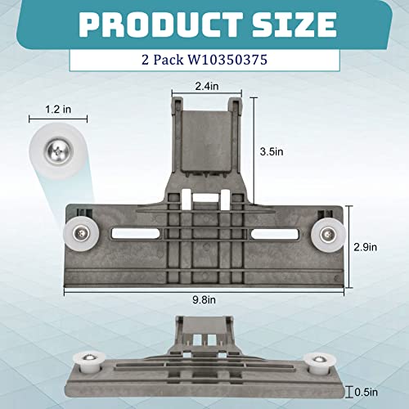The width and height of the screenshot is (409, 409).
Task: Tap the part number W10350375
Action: coord(227,60)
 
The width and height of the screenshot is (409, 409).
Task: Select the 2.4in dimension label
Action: coord(207,86)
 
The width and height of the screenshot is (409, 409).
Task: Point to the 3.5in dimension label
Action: coord(272,151)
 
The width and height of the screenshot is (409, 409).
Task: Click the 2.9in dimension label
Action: coord(366,247)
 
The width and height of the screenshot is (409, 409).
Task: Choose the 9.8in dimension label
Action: coord(204,299)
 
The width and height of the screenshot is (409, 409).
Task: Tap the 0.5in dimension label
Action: coord(366,393)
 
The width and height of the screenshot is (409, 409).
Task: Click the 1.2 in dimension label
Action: coord(58,110)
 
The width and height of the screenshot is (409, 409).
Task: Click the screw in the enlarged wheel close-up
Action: coord(59,151)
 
